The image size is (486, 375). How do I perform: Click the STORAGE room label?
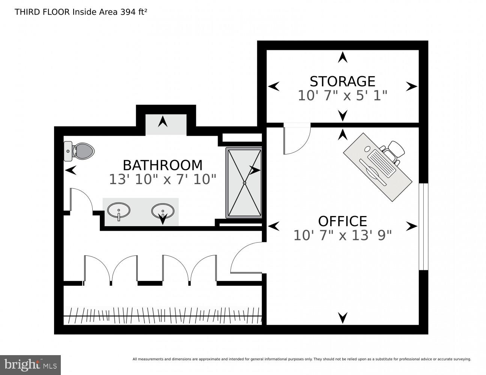tap(342, 81)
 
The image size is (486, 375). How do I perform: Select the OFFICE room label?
tap(342, 221)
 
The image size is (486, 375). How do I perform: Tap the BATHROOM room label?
tap(163, 165)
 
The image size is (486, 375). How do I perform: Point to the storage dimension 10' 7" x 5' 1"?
tap(342, 96)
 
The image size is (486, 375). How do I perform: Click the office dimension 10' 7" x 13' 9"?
tap(342, 235)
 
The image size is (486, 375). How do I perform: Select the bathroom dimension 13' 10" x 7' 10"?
tap(163, 179)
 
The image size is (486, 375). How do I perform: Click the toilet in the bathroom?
tap(79, 151)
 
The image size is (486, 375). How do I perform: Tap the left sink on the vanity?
tap(119, 210)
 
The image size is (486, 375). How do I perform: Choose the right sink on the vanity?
tap(163, 211)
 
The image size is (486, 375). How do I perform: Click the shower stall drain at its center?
tap(244, 183)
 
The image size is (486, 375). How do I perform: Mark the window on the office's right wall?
tap(423, 226)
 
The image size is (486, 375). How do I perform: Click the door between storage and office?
tap(296, 139)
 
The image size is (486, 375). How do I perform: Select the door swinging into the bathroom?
tap(81, 201)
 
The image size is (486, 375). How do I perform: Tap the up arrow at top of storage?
tap(342, 57)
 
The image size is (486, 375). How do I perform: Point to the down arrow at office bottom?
tap(342, 318)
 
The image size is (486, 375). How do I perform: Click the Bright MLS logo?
tap(30, 364)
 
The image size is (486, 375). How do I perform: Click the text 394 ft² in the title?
tap(134, 12)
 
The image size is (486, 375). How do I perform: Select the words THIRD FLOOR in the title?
tap(42, 12)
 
